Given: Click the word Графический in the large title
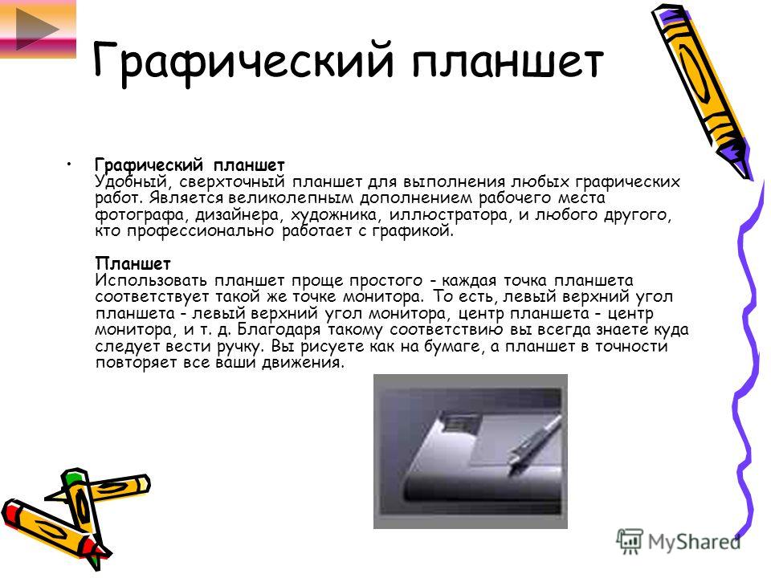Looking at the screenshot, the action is [x=243, y=62].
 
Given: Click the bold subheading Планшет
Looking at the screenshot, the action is [x=133, y=264].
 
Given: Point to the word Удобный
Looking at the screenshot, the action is [x=131, y=182].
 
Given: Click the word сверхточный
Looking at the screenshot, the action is [x=231, y=182].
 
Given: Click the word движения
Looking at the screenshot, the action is [x=303, y=363].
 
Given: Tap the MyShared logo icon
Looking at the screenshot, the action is [x=630, y=541].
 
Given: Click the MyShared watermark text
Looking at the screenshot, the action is [x=694, y=542].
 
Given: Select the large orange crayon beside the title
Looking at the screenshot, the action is [x=702, y=92].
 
